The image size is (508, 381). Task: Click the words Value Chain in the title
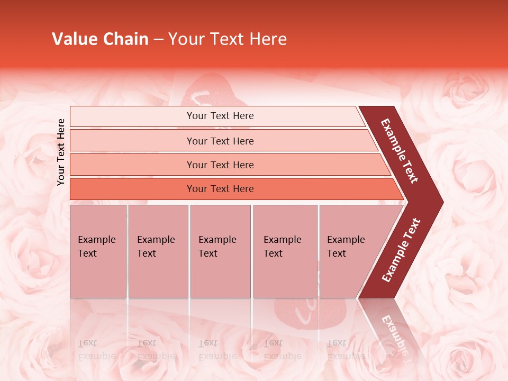[x=100, y=39]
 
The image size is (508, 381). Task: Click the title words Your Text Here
[x=228, y=39]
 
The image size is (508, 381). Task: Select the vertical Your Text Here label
[x=61, y=152]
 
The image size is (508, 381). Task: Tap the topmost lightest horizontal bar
[x=132, y=116]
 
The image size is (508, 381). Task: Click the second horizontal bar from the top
[x=132, y=141]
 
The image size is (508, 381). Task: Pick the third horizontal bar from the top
[x=132, y=165]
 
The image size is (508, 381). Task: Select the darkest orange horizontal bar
[x=132, y=189]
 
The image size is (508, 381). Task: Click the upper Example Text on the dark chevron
[x=400, y=150]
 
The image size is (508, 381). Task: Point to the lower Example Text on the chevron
[x=401, y=250]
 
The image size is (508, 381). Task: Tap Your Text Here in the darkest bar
[x=220, y=189]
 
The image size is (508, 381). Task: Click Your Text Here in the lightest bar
[x=220, y=116]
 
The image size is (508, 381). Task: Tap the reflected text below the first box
[x=96, y=349]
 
